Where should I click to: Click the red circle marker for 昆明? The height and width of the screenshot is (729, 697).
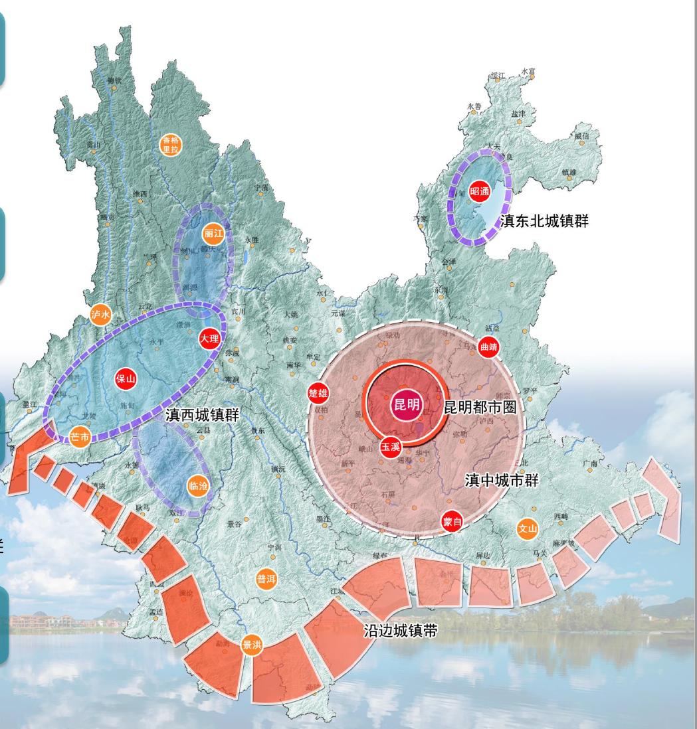coord(407,404)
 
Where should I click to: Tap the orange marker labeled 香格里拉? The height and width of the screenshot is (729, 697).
coord(171,144)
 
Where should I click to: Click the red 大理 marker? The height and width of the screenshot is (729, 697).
coord(209,339)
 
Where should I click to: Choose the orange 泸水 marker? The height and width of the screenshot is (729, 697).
coord(100,315)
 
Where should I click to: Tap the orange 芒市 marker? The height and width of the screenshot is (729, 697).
coord(79,437)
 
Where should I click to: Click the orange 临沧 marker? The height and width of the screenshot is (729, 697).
coord(198,486)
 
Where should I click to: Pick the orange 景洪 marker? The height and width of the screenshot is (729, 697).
coord(252,645)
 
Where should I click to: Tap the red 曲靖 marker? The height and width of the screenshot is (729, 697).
coord(488,347)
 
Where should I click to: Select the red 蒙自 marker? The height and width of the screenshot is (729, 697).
coord(452,522)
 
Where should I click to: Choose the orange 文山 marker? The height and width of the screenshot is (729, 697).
coord(527,529)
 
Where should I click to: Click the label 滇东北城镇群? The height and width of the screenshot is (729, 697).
coord(544,221)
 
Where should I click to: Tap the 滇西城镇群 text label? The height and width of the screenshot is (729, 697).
coord(202,416)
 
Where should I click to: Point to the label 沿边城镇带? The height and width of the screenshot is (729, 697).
coord(400,631)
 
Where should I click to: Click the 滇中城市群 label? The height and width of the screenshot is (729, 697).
coord(502,480)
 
